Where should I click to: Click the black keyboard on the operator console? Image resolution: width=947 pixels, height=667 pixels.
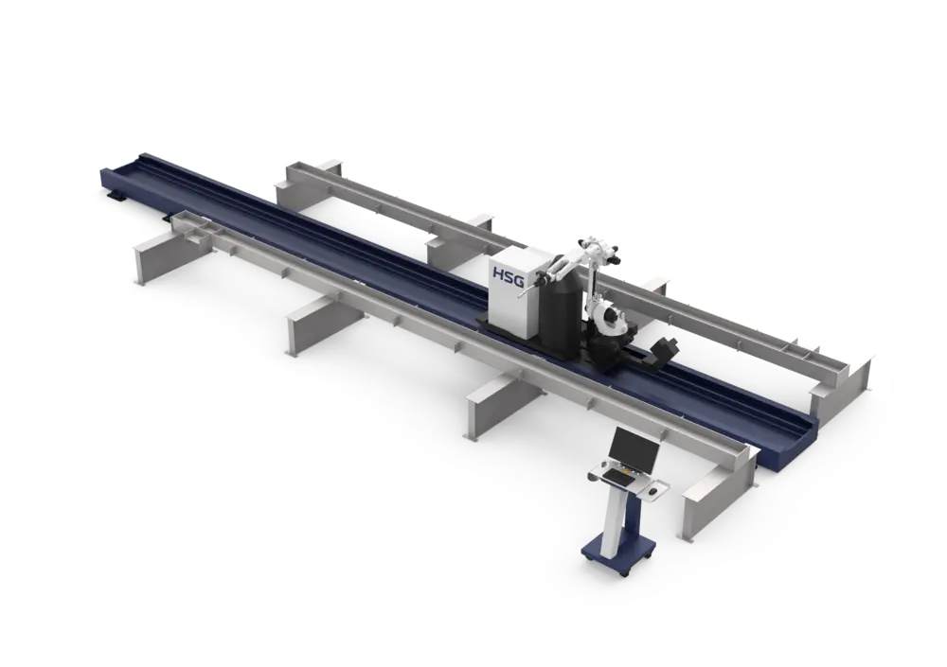[618, 477]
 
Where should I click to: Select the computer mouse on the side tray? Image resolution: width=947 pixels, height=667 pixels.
[653, 492]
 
